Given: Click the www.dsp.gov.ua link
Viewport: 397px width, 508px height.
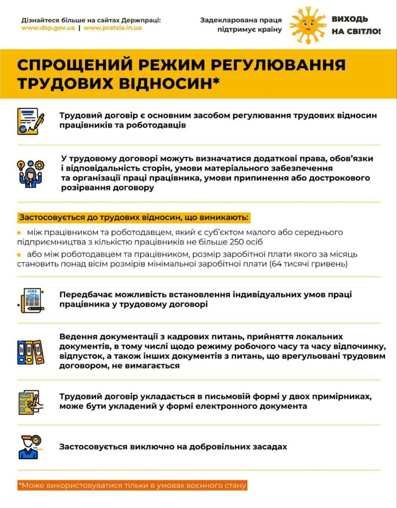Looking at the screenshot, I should [x=48, y=28].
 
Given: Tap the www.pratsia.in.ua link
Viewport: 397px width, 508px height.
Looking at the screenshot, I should [x=113, y=28].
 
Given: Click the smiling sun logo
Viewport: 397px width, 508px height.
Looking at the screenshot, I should [x=308, y=24].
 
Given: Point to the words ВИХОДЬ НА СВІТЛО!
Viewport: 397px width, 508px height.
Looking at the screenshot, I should [x=356, y=25].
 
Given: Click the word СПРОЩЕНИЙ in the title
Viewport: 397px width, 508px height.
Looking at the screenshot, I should [x=72, y=66].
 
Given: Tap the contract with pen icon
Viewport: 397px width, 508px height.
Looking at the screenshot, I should [x=30, y=121].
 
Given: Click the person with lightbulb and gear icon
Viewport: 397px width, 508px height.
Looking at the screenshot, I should [x=30, y=173].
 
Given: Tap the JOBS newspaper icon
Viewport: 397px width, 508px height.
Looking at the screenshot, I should [x=30, y=300].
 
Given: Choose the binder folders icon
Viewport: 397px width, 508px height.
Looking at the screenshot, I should [x=30, y=352].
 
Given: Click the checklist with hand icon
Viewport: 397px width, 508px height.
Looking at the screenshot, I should [x=30, y=402].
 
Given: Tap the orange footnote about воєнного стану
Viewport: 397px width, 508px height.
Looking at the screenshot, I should [x=132, y=485].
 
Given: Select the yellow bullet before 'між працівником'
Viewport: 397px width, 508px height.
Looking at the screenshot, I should [x=19, y=232].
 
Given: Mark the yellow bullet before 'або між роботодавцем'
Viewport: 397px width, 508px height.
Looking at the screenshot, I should [x=19, y=254].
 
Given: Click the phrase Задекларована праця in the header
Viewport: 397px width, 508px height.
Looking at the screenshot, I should [x=241, y=20].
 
